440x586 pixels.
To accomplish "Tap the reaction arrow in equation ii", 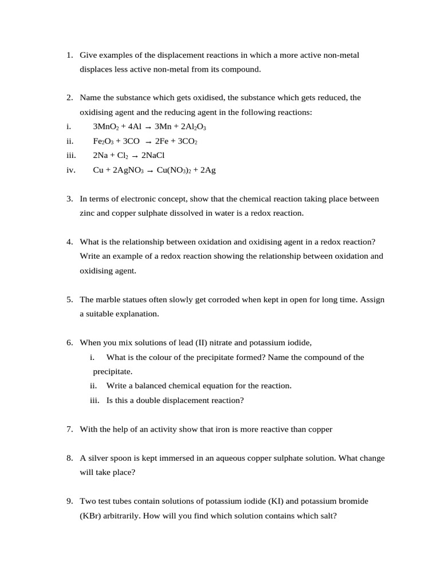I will click(149, 142).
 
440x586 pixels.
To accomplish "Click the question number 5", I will click(69, 299).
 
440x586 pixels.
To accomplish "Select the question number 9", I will click(69, 501).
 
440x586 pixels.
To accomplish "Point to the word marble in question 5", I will click(108, 299).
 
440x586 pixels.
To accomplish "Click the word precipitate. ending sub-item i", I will click(113, 371).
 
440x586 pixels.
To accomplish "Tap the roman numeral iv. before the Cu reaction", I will click(71, 170).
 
